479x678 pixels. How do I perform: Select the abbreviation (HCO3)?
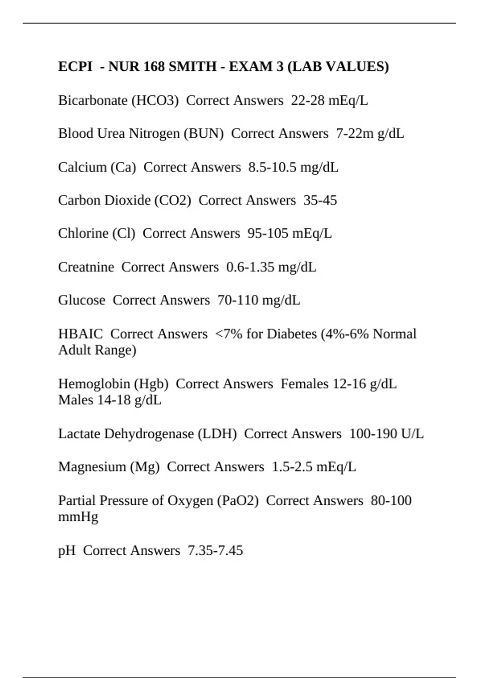coord(155,101)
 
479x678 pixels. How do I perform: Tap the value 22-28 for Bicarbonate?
coord(307,101)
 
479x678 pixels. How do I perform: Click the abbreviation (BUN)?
coord(204,134)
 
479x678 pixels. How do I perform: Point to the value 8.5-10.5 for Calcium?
coord(272,167)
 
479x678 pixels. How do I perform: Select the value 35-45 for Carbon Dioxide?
coord(320,200)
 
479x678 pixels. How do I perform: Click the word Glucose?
coord(81,300)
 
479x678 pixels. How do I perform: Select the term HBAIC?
coord(80,334)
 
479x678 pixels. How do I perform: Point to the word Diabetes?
coord(291,334)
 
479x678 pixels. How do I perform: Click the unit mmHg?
coord(78,517)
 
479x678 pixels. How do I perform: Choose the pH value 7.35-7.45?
coord(215,551)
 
